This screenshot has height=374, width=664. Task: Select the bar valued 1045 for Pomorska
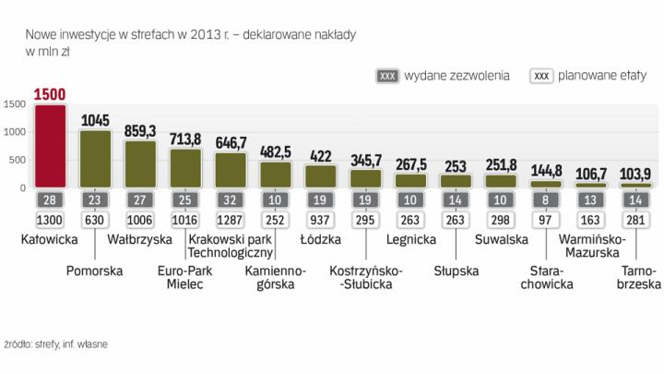coord(96,159)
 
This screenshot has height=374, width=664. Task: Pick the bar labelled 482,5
coord(277,175)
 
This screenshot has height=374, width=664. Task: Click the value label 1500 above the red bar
coord(51,94)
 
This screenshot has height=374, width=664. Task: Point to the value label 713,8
coord(186,140)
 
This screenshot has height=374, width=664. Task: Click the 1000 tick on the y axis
coord(14,132)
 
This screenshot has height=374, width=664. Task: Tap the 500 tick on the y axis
coord(17,160)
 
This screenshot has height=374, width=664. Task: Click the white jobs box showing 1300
coord(50,220)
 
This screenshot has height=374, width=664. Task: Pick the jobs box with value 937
coord(322,220)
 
